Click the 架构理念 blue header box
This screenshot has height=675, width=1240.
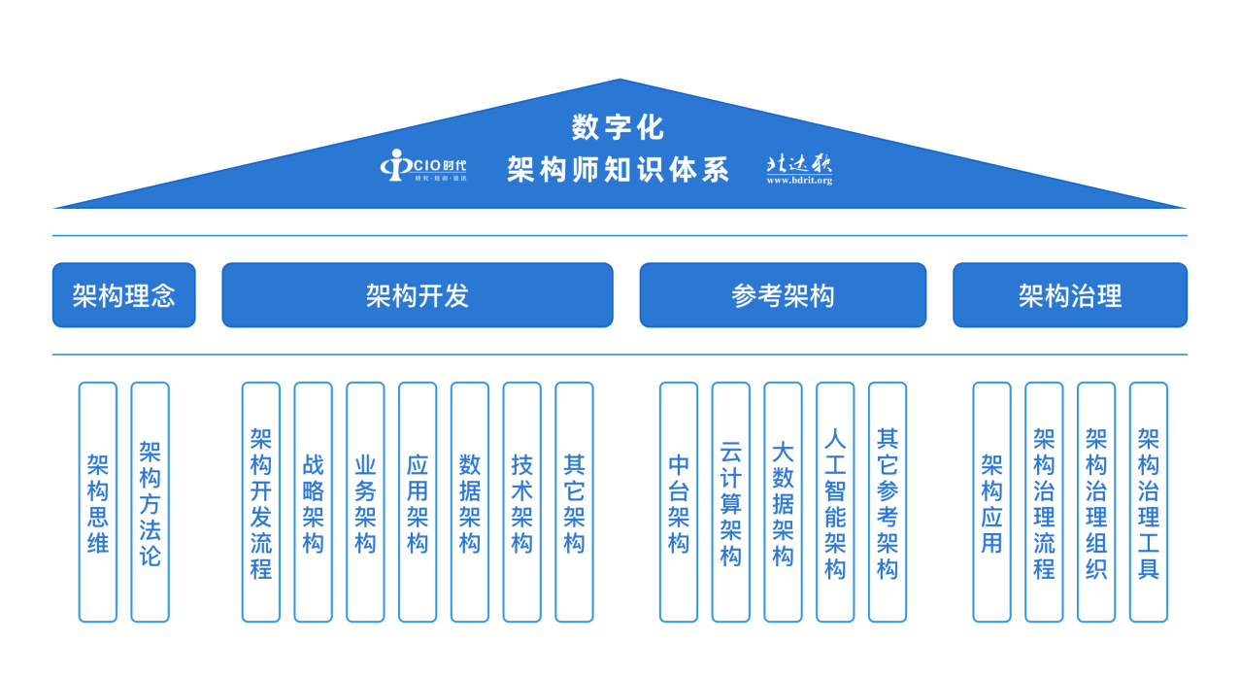pos(123,295)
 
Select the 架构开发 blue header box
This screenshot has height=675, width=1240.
pos(418,295)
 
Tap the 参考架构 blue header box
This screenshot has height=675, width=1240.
pos(783,295)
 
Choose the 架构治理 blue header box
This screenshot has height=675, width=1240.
pos(1069,295)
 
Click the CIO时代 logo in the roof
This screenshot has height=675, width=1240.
pos(423,166)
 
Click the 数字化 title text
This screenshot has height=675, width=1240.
pos(619,127)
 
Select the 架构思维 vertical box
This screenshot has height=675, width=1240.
pos(98,502)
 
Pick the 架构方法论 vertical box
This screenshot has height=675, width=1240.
pos(150,502)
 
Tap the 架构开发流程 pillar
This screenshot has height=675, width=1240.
pos(261,502)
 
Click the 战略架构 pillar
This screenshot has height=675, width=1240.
pos(313,502)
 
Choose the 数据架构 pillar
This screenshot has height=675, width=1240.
pos(470,502)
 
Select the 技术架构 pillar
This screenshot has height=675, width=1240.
pos(522,502)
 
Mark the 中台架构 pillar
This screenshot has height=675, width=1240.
pos(679,502)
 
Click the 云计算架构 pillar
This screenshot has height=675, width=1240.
pos(731,502)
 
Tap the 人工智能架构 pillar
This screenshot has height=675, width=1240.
pos(835,502)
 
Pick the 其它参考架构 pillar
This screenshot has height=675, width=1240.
pos(888,502)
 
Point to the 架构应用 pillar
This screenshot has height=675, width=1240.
pos(991,502)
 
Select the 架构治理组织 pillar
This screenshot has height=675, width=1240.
pos(1096,502)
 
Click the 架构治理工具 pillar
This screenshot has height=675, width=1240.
pos(1149,502)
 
